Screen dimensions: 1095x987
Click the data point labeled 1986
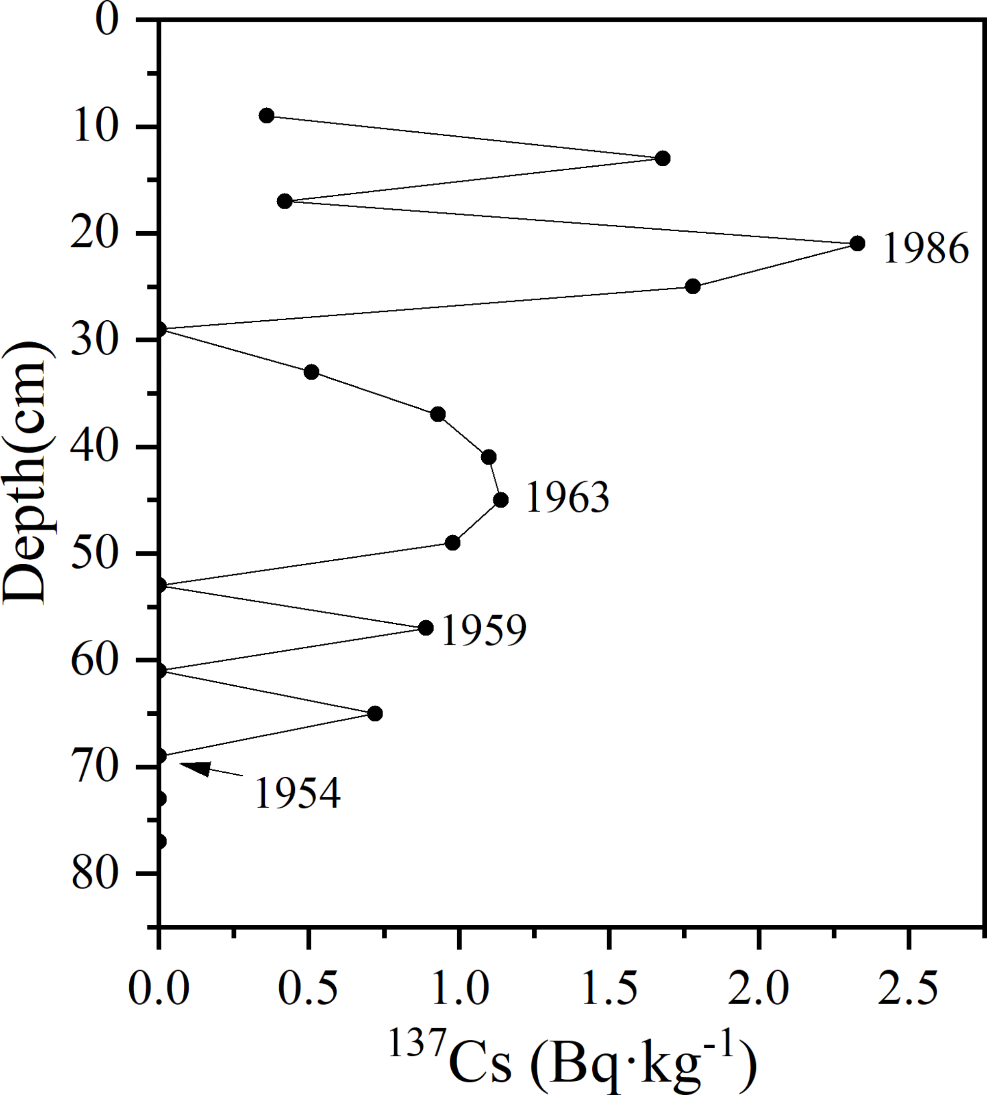[x=857, y=243]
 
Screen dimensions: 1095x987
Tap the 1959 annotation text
[x=483, y=630]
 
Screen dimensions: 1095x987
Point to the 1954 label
[x=297, y=793]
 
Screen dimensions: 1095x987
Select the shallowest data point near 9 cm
[x=266, y=116]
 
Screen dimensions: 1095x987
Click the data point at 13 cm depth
[x=662, y=158]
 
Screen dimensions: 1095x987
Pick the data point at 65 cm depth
[x=375, y=714]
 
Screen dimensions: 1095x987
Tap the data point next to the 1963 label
[x=501, y=500]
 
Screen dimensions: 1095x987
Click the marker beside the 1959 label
[x=426, y=628]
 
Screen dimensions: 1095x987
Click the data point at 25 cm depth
[x=693, y=286]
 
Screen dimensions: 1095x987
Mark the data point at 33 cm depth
[x=311, y=372]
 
